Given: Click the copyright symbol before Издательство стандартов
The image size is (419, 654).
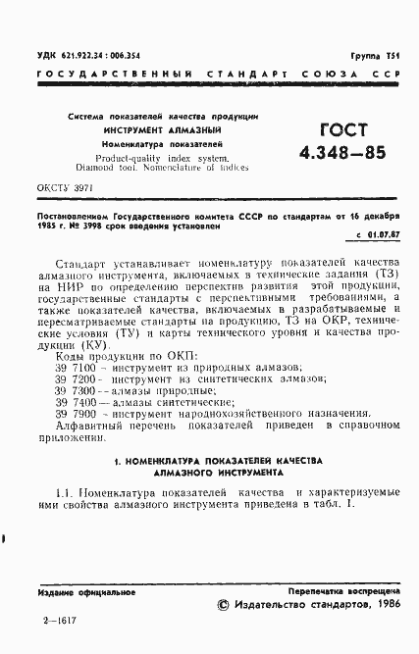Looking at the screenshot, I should [224, 606].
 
